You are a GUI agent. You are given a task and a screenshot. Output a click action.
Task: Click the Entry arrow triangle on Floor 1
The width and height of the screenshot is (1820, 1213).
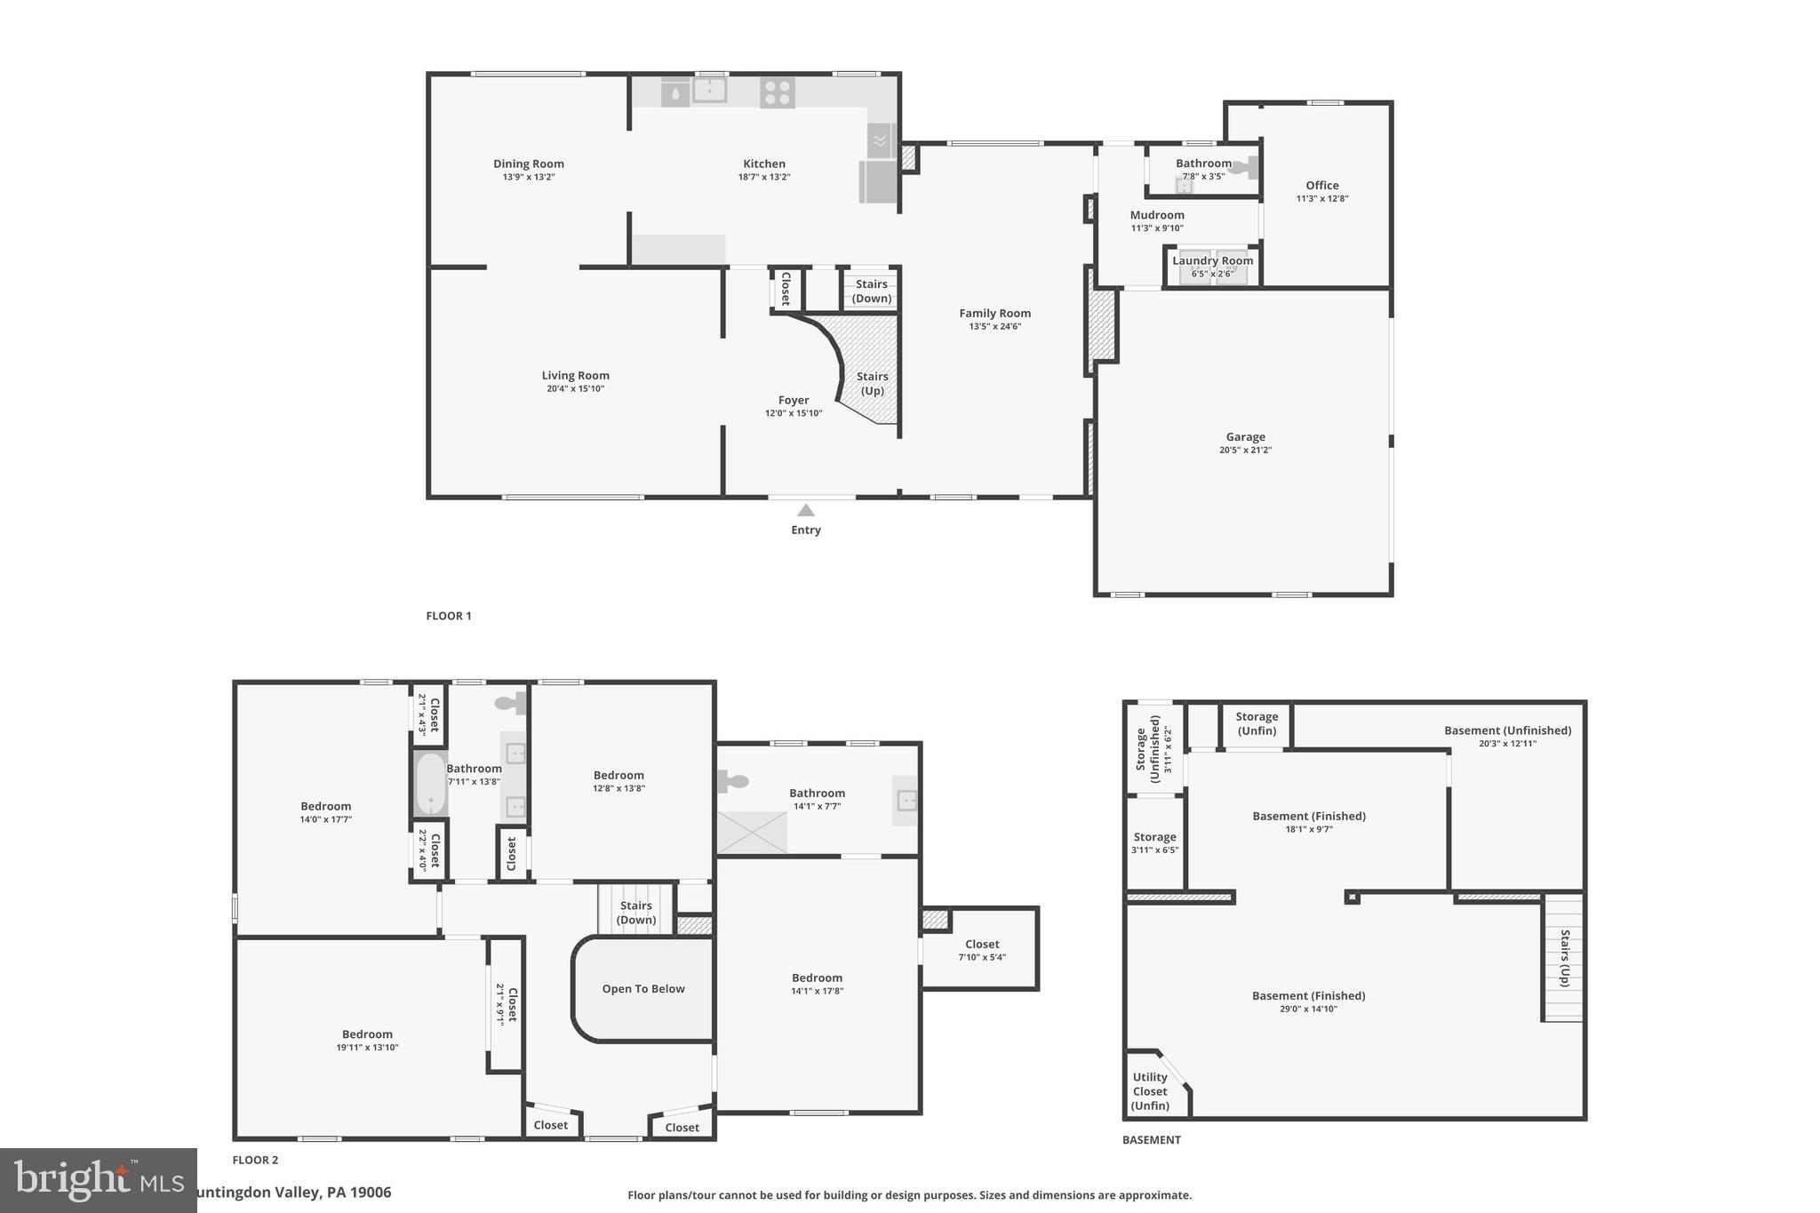point(805,510)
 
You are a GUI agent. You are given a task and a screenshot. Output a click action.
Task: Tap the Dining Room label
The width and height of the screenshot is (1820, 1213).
point(529,164)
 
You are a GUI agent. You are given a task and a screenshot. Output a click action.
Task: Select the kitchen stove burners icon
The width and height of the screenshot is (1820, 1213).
point(777,92)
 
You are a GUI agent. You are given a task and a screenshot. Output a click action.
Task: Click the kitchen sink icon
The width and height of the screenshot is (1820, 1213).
point(709,91)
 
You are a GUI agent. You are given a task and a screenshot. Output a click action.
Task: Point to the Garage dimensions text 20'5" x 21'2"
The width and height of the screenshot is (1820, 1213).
point(1245,451)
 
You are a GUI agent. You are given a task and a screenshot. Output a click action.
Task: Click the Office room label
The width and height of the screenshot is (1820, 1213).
point(1321,186)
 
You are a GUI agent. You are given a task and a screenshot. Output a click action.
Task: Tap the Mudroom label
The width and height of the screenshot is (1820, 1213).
point(1156,215)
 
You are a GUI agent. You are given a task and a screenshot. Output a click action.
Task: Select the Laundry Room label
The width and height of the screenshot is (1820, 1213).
point(1212,260)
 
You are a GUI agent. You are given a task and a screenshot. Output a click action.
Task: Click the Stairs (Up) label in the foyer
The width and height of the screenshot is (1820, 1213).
point(872,383)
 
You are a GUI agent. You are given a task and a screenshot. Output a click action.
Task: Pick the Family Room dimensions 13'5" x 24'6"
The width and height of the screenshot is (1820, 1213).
point(994,327)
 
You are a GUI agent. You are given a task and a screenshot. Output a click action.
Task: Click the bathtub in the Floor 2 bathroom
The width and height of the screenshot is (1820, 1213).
point(431,784)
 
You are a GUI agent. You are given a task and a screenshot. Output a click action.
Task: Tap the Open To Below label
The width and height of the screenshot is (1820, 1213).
point(643,989)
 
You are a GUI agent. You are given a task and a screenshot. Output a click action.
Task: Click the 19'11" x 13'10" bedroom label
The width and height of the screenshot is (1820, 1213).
point(367,1048)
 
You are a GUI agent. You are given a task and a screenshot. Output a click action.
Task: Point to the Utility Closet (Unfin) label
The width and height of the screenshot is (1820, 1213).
point(1150,1091)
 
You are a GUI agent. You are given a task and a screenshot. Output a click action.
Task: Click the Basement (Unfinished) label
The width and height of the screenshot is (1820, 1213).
point(1507,730)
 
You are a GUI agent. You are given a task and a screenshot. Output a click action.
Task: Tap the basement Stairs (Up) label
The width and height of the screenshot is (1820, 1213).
point(1565,958)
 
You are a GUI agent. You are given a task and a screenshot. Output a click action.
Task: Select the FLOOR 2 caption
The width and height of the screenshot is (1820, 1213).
point(255,1160)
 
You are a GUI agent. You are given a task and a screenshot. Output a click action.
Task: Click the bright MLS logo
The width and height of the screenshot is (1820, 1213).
point(98,1180)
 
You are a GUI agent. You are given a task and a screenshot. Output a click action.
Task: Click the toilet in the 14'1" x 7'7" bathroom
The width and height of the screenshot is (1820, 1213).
point(733,782)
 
